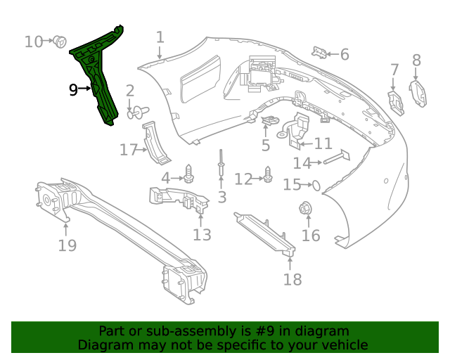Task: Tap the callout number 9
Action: point(73,89)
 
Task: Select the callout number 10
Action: point(33,41)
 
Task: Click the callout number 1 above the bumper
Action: point(160,37)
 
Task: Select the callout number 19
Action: point(67,245)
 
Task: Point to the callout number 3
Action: point(222,198)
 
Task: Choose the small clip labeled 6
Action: point(320,52)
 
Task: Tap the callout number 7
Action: point(394,70)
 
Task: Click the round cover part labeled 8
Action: point(418,92)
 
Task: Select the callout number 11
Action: point(323,143)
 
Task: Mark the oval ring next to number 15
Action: point(316,185)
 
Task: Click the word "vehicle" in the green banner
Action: point(342,345)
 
